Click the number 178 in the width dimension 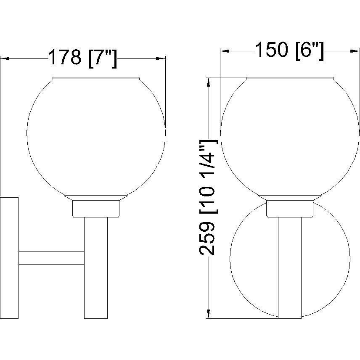tap(65, 57)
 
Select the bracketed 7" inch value tap(103, 59)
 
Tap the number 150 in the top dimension tap(271, 49)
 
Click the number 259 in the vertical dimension tap(207, 238)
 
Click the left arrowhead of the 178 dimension tap(5, 58)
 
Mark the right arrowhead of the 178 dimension tap(161, 58)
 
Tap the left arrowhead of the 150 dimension tap(225, 51)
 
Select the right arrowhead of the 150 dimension tap(355, 51)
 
